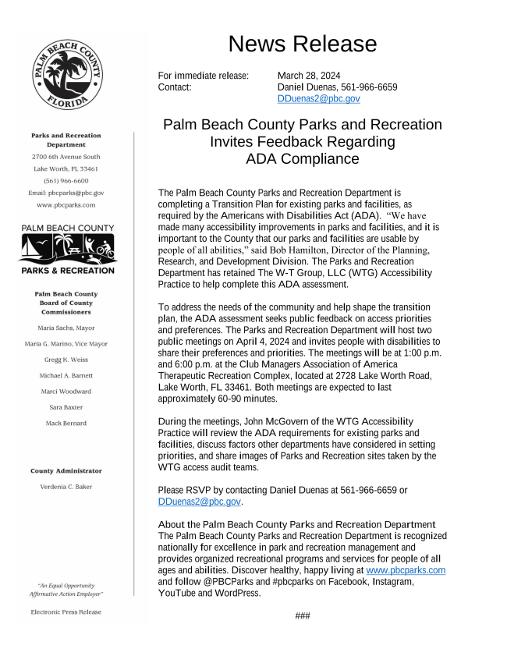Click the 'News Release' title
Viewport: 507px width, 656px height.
pyautogui.click(x=299, y=44)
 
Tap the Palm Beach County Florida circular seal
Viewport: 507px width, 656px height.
pyautogui.click(x=66, y=76)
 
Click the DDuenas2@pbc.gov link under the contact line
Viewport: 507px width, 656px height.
pyautogui.click(x=318, y=99)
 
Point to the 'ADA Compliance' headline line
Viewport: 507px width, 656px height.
pyautogui.click(x=302, y=159)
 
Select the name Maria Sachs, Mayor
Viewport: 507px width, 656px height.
pyautogui.click(x=66, y=328)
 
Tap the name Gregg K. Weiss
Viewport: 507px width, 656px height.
pyautogui.click(x=66, y=360)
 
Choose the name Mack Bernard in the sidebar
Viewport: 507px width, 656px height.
pyautogui.click(x=66, y=423)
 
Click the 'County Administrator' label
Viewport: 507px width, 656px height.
pyautogui.click(x=66, y=471)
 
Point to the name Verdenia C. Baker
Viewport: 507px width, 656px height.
pyautogui.click(x=66, y=487)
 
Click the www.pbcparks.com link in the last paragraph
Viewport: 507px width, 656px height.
pyautogui.click(x=406, y=570)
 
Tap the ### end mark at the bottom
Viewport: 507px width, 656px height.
pyautogui.click(x=303, y=616)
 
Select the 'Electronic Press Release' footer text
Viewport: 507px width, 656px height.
pyautogui.click(x=66, y=612)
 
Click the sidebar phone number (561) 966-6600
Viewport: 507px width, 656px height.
pyautogui.click(x=66, y=180)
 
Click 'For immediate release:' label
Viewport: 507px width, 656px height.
pyautogui.click(x=203, y=76)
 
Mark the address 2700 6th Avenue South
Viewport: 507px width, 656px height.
pyautogui.click(x=66, y=157)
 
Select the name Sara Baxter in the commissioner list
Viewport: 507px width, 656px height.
pyautogui.click(x=66, y=407)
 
